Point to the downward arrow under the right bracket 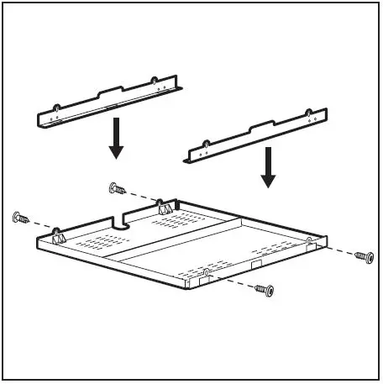[268, 167]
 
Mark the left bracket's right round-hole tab [154, 82]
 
